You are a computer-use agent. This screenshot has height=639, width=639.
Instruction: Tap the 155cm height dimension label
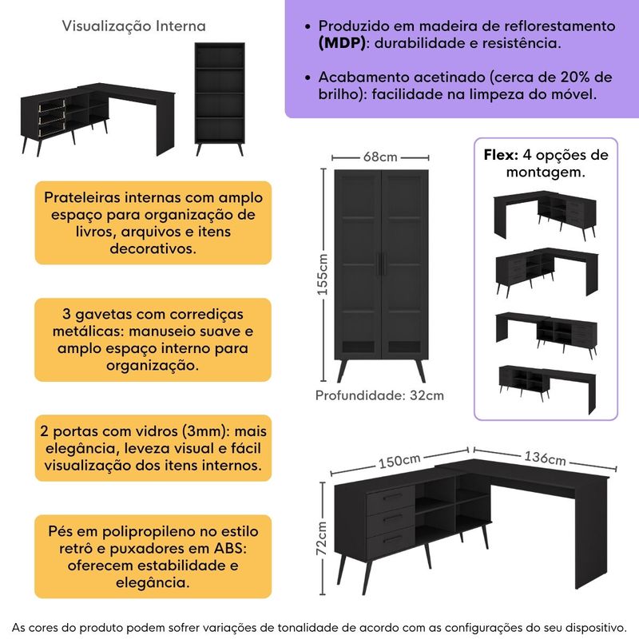(323, 275)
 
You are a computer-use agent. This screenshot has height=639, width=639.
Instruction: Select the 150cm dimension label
(399, 462)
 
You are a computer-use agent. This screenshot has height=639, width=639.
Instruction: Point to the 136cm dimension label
(546, 458)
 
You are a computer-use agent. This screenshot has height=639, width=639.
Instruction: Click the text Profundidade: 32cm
(379, 395)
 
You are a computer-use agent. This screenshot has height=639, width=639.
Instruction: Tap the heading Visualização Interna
(133, 26)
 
